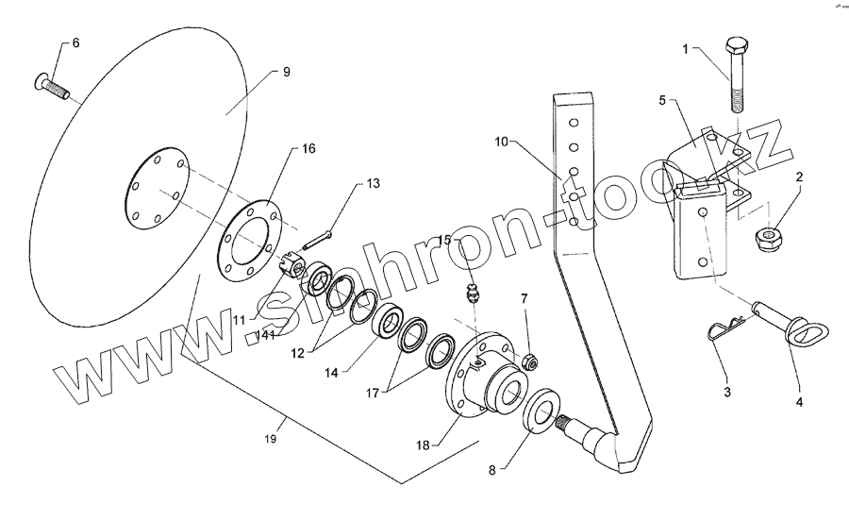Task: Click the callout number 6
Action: [75, 44]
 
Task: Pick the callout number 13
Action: [375, 183]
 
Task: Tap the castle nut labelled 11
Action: [294, 267]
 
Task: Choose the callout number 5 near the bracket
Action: [663, 99]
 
